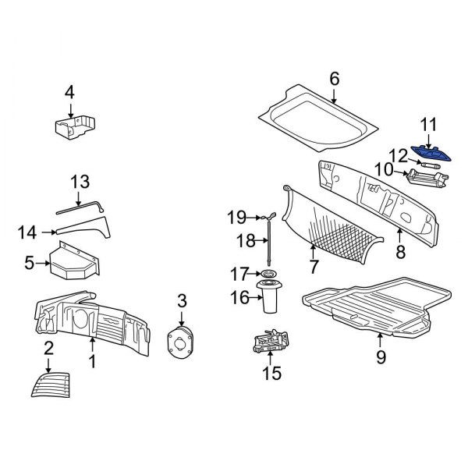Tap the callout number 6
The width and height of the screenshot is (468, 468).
tap(335, 78)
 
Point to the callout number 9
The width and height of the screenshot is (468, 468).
tap(381, 358)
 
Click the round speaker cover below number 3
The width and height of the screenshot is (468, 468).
tap(182, 341)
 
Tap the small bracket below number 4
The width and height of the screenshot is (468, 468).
tap(76, 127)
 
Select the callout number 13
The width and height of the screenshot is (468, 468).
tap(80, 182)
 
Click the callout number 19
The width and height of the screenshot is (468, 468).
tap(236, 216)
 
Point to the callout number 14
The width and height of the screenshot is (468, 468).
tap(28, 231)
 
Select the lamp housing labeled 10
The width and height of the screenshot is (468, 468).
tap(426, 179)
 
